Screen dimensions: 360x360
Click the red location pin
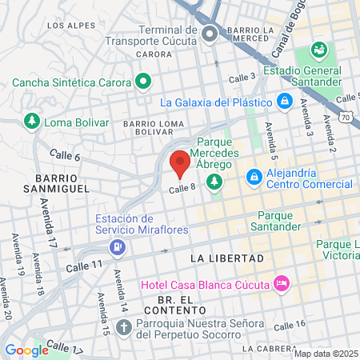180,162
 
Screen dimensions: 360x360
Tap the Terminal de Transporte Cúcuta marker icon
210,34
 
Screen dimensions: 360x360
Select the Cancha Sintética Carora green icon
143,80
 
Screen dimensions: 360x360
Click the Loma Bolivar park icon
31,122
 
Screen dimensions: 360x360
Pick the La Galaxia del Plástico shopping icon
284,102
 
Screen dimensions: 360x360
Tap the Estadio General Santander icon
318,50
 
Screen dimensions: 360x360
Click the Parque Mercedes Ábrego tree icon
214,183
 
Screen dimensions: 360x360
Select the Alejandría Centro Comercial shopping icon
254,174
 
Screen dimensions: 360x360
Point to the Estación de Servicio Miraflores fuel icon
118,246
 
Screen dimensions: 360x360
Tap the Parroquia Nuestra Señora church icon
123,327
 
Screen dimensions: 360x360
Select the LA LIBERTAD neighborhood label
227,259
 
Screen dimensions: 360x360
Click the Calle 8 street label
182,188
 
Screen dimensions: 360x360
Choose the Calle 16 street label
290,325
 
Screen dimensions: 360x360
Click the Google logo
26,350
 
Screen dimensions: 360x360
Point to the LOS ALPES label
66,26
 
